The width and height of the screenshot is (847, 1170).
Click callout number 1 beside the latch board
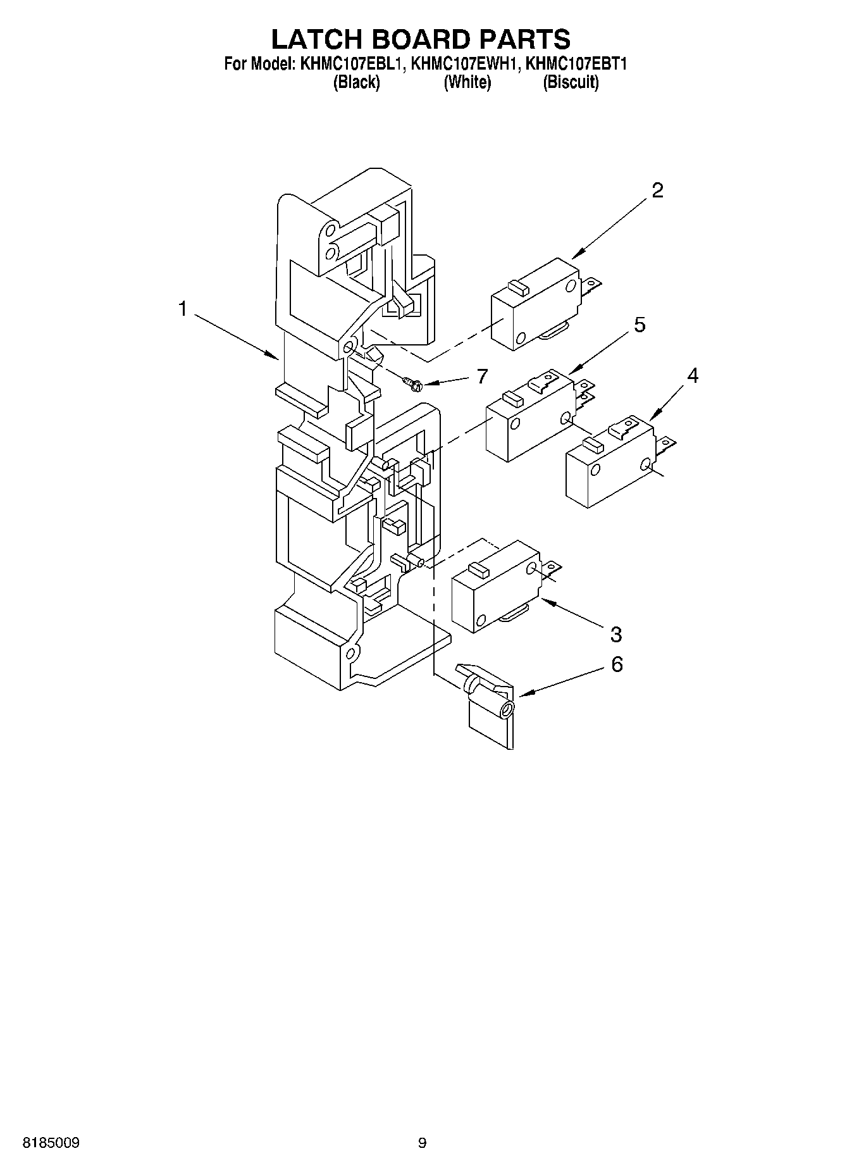[183, 309]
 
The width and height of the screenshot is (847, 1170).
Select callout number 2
[657, 190]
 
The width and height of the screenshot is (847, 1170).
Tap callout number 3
[615, 633]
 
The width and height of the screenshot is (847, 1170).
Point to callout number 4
[693, 375]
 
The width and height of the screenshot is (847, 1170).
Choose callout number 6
[617, 664]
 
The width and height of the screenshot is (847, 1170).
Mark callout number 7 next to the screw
[482, 377]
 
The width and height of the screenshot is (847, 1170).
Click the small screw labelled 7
[412, 382]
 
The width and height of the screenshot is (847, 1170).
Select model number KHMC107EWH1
[467, 64]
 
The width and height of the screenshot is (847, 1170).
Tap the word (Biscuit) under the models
[571, 82]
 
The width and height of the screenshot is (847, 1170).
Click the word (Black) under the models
[357, 82]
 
